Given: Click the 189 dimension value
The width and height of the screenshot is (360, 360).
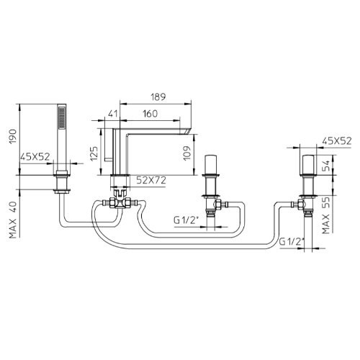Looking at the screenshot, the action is [x=158, y=97].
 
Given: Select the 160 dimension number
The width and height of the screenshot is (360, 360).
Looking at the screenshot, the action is [x=150, y=114].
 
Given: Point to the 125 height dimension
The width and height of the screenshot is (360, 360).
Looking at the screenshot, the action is [x=94, y=153].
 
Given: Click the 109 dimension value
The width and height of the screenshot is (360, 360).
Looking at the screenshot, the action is [x=187, y=153].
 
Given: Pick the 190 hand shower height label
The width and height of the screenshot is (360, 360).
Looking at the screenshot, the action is [x=13, y=136].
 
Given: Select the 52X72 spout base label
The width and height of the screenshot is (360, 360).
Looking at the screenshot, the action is [x=151, y=180].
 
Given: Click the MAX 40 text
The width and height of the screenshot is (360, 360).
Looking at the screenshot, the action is [x=14, y=220].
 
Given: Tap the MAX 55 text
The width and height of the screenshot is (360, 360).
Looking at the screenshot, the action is [x=326, y=215].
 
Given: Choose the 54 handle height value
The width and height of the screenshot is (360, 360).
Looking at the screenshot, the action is [x=326, y=166].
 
